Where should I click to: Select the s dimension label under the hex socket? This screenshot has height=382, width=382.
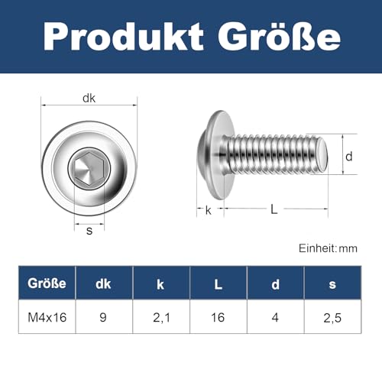tap(89, 230)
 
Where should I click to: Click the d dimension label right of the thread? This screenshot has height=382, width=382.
tap(348, 157)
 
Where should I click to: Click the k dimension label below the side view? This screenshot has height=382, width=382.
tap(208, 209)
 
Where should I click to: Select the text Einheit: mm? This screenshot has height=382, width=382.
tap(328, 248)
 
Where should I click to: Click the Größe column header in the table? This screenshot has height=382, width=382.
tap(47, 283)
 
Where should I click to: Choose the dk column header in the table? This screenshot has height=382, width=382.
tap(104, 283)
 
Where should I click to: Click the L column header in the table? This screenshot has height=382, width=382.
tap(218, 283)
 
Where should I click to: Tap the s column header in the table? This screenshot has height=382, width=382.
tap(332, 283)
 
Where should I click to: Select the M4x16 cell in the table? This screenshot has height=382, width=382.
tap(47, 317)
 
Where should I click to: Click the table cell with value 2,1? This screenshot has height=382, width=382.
tap(161, 317)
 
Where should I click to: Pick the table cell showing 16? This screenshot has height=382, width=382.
tap(218, 317)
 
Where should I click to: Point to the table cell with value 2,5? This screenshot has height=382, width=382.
tap(332, 317)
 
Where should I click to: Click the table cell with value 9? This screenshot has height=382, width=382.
tap(104, 317)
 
